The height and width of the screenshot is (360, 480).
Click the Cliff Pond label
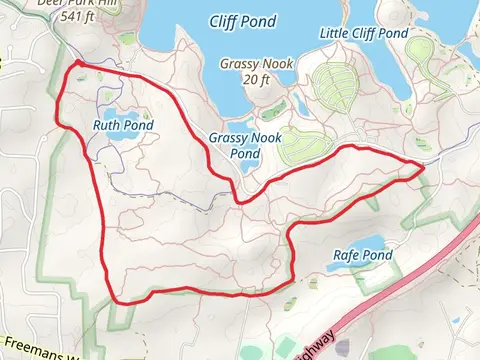[x=244, y=21]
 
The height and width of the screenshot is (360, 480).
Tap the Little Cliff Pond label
[x=364, y=33]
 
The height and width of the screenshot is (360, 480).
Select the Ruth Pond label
[x=123, y=126]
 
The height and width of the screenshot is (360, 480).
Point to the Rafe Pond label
[x=362, y=257]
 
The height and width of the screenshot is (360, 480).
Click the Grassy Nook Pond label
[x=235, y=146]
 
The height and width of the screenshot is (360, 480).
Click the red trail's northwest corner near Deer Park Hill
[x=76, y=66]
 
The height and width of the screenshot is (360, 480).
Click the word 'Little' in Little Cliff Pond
[x=333, y=33]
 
